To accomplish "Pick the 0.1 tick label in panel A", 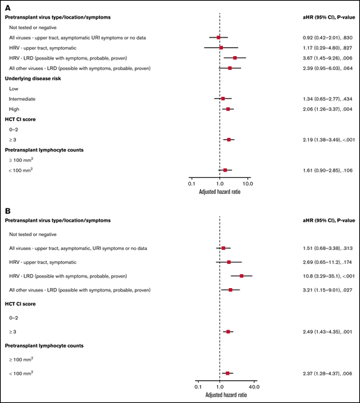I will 191,183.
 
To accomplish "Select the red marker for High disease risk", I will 228,109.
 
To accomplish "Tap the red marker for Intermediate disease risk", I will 223,99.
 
